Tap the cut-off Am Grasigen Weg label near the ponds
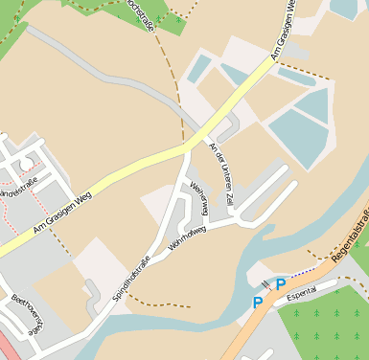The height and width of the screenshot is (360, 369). click(x=284, y=31)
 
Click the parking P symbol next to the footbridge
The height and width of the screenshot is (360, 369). click(x=280, y=283)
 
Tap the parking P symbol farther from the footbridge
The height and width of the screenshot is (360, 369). click(x=258, y=302)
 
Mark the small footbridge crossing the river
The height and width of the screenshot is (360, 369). click(x=265, y=284)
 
